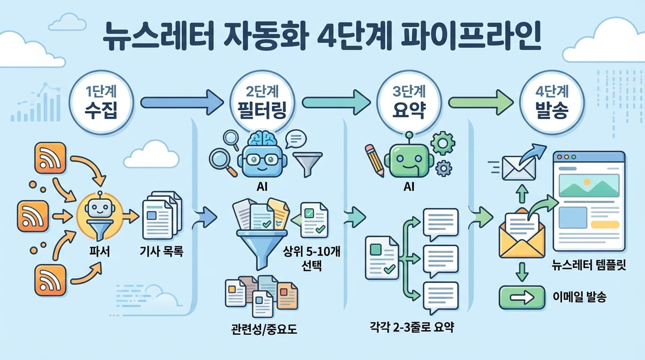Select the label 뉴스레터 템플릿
[589, 266]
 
